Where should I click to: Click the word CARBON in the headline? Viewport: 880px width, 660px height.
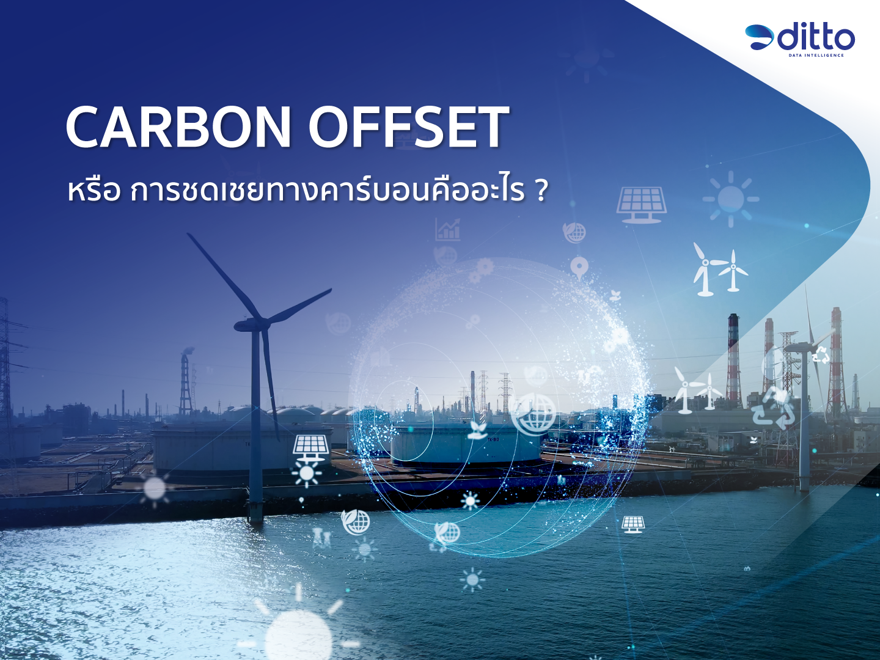pos(178,127)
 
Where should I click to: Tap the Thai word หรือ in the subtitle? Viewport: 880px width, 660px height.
pos(94,191)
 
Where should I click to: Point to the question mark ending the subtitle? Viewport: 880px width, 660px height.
pos(541,191)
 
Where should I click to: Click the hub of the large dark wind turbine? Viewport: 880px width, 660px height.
pos(257,322)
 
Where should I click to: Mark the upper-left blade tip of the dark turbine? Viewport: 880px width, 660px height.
pos(188,235)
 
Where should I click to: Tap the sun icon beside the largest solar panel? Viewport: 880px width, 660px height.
pos(730,199)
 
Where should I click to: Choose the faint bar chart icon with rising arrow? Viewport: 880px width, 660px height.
pos(448,230)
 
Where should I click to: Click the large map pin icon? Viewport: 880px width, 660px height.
pos(579,267)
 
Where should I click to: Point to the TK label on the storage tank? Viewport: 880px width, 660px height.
pos(493,439)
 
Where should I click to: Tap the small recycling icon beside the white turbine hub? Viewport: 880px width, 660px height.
pos(820,354)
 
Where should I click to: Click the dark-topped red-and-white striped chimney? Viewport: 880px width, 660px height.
pos(733,361)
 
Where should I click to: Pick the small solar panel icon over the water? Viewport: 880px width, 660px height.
pos(633,524)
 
